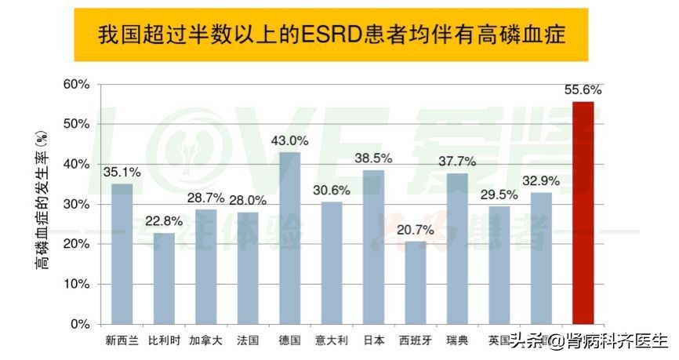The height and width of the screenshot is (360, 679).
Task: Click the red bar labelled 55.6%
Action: pos(583,213)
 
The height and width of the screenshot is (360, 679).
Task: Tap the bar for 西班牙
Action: pos(416,282)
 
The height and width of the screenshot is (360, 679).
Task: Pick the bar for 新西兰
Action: pos(122,253)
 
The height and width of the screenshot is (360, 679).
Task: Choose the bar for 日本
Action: pos(374,246)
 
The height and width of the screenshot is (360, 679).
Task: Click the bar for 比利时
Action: pos(164,278)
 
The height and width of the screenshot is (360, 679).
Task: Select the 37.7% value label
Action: pos(456,162)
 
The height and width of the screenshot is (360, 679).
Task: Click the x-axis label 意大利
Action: pos(332,340)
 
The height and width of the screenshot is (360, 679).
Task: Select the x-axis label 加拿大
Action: pos(205,340)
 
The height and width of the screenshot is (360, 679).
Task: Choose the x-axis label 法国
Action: pos(248,340)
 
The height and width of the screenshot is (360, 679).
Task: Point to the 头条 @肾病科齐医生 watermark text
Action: pos(589,341)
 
